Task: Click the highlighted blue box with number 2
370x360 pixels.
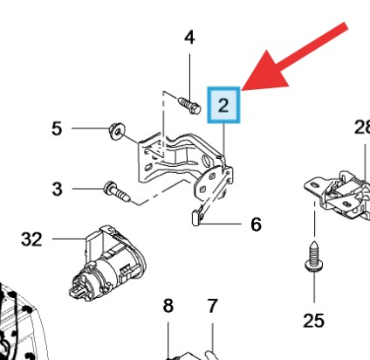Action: pos(223,105)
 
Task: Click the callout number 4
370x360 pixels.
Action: pos(189,38)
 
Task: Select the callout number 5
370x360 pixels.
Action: pos(57,128)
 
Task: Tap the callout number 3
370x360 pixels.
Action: pos(57,189)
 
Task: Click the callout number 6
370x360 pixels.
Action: pos(256,225)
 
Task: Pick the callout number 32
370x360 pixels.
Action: pos(31,239)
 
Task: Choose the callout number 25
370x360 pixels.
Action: pos(313,321)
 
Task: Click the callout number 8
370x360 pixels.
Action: pos(168,306)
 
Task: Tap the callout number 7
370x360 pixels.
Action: pos(212,306)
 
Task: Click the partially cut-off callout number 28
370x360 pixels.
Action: pos(362,127)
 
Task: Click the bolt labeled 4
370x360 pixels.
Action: pos(189,106)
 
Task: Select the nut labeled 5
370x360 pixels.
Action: pos(117,132)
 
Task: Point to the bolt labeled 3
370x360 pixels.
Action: pos(117,191)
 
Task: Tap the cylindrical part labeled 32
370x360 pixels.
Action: pos(107,263)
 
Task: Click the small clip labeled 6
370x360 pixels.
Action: pos(196,218)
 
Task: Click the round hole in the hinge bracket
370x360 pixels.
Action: pos(206,161)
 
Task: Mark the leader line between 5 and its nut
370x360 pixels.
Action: pos(90,128)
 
